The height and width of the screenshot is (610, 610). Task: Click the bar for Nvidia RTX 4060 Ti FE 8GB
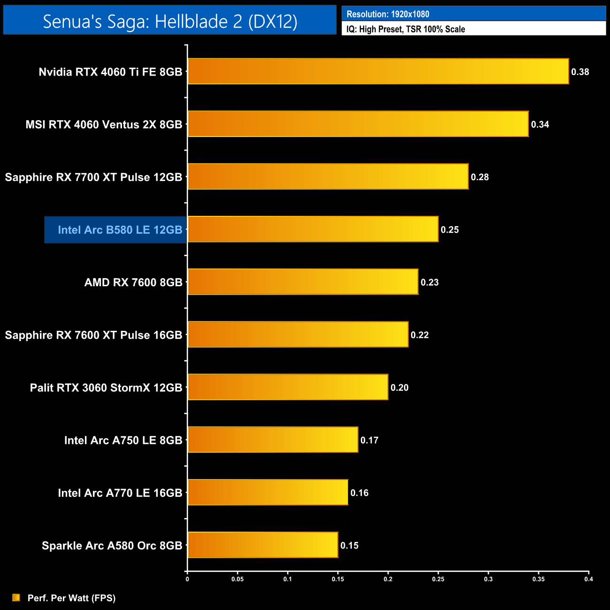[x=378, y=71]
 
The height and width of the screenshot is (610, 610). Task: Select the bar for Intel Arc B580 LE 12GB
[x=313, y=229]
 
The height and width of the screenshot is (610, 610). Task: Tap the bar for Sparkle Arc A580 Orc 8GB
[x=263, y=545]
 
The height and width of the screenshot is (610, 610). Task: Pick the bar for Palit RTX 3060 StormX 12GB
[x=288, y=387]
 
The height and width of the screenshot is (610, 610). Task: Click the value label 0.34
[x=540, y=125]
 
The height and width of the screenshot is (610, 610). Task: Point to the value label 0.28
[x=480, y=177]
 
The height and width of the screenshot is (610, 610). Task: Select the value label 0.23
[x=430, y=282]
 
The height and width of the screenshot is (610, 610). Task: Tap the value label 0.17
[x=370, y=441]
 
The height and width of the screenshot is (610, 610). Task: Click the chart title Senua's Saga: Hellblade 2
[x=170, y=21]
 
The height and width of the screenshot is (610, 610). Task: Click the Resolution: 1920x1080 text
[x=388, y=14]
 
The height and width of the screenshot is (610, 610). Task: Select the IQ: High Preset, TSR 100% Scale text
[x=406, y=29]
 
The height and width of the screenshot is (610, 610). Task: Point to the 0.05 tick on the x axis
[x=237, y=579]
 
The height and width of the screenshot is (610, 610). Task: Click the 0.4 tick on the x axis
[x=588, y=579]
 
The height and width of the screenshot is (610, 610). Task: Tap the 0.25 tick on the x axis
[x=438, y=579]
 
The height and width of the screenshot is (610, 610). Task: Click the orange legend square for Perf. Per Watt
[x=16, y=597]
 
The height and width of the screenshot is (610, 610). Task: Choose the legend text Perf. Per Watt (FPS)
[x=72, y=598]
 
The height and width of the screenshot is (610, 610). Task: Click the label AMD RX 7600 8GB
[x=133, y=282]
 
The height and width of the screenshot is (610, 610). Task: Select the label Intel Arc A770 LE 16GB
[x=120, y=493]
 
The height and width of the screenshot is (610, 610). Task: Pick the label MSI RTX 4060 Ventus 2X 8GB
[x=104, y=125]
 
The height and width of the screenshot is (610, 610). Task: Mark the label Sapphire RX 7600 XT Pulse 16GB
[x=94, y=335]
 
